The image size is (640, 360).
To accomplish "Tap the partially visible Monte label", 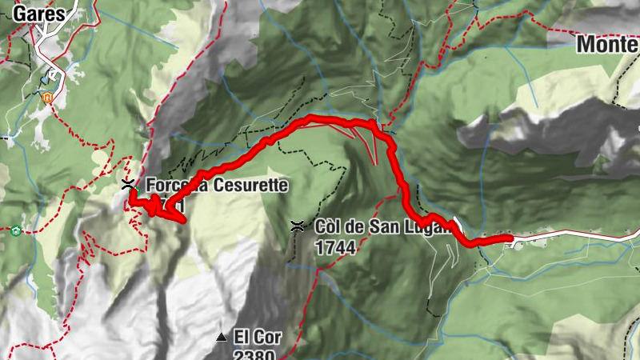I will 607,45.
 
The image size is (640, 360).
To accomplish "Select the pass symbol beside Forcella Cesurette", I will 128,185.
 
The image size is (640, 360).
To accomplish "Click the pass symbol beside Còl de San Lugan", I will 297,227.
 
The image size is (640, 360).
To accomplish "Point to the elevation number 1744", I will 336,248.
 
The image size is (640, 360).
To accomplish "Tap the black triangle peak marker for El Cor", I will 222,337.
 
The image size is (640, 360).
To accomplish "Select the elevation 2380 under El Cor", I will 255,354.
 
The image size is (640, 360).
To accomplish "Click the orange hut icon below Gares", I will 47,98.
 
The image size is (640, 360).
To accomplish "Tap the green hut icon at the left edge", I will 15,232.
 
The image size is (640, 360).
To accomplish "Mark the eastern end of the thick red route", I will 510,238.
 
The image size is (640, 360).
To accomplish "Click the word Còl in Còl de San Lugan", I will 330,227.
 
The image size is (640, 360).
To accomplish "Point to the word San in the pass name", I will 386,227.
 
